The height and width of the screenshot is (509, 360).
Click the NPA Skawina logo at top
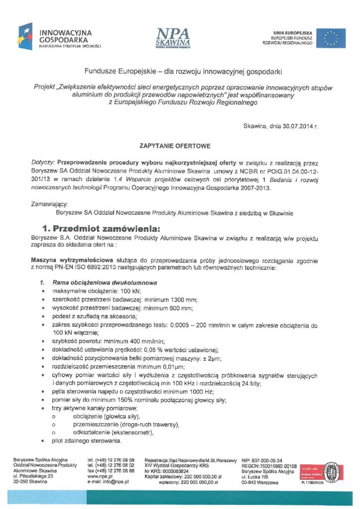(172, 37)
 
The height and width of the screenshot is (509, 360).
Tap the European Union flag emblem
(331, 38)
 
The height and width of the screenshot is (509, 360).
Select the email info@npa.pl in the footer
(115, 482)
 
